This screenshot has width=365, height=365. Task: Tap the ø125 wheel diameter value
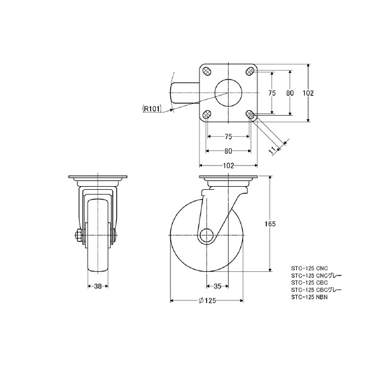click(207, 301)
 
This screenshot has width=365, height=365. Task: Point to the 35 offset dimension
click(218, 285)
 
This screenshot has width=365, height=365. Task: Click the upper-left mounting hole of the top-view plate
click(207, 71)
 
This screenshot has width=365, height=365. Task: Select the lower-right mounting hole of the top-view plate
click(250, 114)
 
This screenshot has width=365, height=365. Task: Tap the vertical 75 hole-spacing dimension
click(272, 93)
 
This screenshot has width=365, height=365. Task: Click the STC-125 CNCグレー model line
click(316, 276)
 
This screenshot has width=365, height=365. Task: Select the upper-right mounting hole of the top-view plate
click(250, 71)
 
